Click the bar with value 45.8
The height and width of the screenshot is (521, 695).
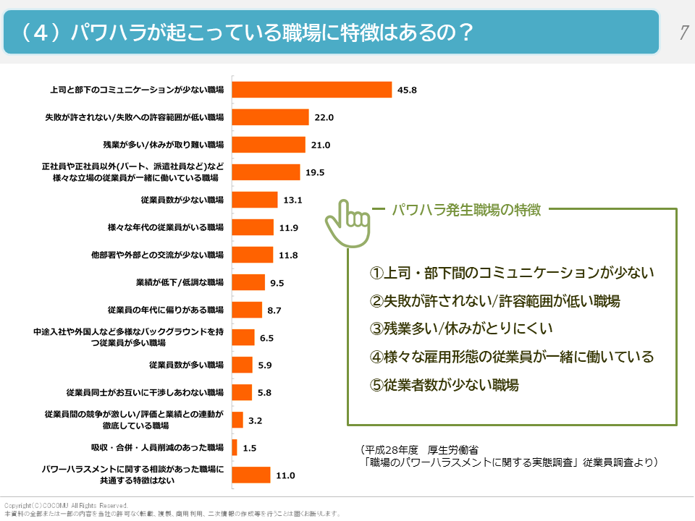[x=311, y=90]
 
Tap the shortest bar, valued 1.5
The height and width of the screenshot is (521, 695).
[x=234, y=447]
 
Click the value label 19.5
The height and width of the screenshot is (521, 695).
[x=315, y=172]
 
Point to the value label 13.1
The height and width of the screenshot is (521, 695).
[x=292, y=200]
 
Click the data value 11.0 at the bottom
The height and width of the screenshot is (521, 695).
[x=285, y=475]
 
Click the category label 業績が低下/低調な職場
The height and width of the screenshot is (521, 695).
[x=180, y=282]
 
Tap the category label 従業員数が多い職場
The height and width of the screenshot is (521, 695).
[x=186, y=365]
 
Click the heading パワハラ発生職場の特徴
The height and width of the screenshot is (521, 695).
[x=466, y=211]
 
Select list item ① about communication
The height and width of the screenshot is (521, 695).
[x=511, y=273]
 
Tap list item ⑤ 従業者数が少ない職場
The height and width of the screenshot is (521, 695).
[x=444, y=384]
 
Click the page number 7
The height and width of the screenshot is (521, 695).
[x=683, y=32]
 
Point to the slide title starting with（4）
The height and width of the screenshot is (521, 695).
[x=246, y=32]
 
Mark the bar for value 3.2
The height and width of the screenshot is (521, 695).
[x=237, y=420]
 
